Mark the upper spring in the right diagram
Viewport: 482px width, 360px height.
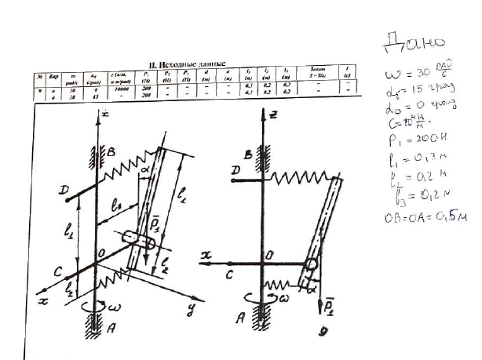point(298,180)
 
